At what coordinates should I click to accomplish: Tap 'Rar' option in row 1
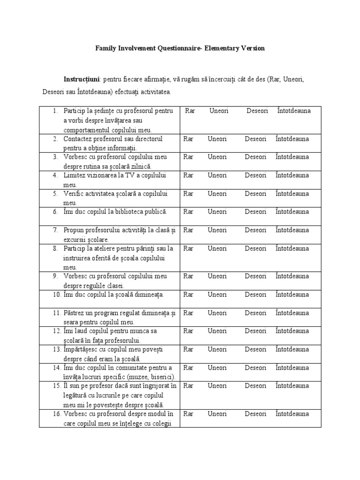pos(190,111)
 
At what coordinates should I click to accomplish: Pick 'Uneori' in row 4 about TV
pos(217,175)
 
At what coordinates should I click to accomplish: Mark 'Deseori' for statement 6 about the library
pos(255,212)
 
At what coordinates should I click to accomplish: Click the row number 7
pos(55,230)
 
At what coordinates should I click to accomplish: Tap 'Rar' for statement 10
pos(188,294)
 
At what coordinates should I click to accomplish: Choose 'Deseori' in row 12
pos(255,331)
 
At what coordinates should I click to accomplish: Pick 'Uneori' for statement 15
pos(217,386)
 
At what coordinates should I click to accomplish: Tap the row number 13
pos(56,349)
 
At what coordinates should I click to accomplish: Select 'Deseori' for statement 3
pos(255,157)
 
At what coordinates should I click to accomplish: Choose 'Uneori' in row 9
pos(217,276)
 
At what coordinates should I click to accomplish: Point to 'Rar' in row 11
pos(188,313)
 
